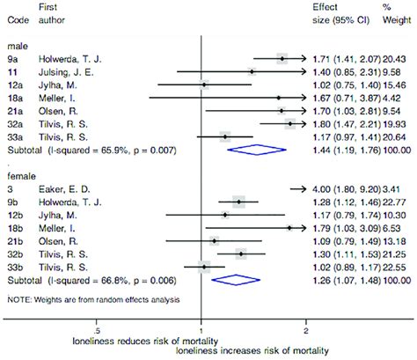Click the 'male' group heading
pyautogui.click(x=17, y=45)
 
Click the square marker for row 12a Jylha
pyautogui.click(x=204, y=84)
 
